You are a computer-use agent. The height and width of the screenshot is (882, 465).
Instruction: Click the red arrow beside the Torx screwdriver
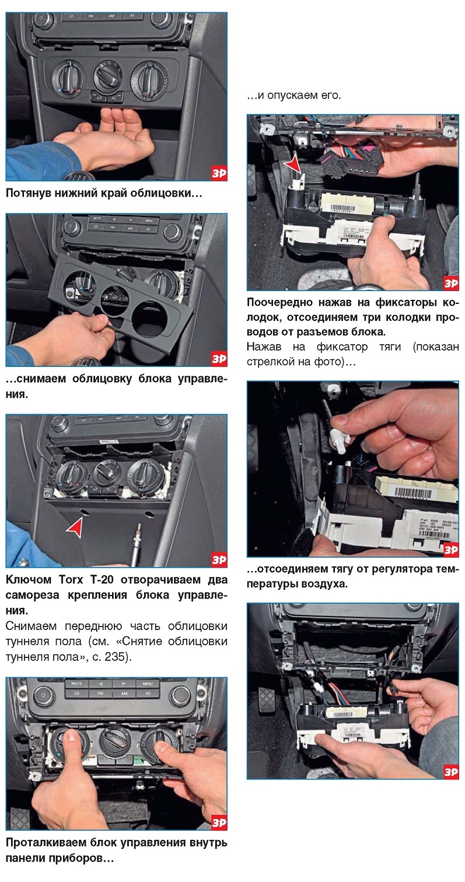coord(75,527)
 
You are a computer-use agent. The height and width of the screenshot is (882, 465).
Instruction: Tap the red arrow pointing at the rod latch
coord(293,165)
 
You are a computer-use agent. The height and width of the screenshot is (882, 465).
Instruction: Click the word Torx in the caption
coord(71,579)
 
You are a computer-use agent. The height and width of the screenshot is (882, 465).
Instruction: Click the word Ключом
coord(29,579)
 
